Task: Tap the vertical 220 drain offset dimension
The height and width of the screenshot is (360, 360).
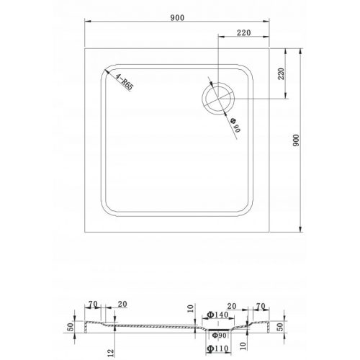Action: [x=282, y=73]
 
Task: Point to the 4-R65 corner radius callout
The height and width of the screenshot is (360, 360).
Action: [x=123, y=86]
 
